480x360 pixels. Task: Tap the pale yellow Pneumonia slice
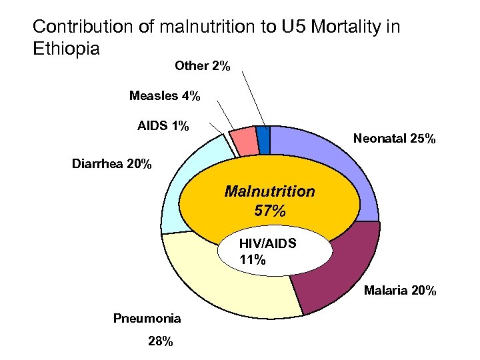[x=220, y=280]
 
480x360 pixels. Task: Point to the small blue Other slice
[x=263, y=135]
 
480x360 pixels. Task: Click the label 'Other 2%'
[x=203, y=66]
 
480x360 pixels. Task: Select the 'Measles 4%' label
[x=165, y=96]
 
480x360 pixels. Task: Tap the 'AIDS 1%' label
[x=163, y=126]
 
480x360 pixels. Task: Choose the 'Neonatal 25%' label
[x=395, y=139]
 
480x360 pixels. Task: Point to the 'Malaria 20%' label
[x=400, y=291]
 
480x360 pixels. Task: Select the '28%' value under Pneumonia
[x=160, y=342]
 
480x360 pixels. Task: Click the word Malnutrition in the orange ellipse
[x=270, y=191]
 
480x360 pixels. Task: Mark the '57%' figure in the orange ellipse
[x=270, y=212]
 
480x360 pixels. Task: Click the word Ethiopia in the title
[x=66, y=49]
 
